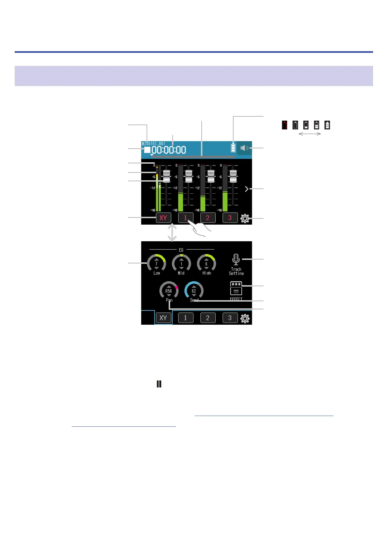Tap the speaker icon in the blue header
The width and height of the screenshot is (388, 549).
coord(244,148)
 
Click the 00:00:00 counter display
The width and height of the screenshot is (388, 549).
coord(169,150)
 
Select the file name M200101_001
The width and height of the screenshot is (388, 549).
coord(153,143)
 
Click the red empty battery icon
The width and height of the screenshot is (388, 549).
coord(285,125)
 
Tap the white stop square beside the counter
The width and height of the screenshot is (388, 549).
coord(147,150)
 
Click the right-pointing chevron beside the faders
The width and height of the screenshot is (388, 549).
coord(247,189)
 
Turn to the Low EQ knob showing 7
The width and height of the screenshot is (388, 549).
coord(156,263)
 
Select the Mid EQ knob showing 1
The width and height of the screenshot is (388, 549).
coord(181,263)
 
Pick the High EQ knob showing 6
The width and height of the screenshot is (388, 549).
coord(206,263)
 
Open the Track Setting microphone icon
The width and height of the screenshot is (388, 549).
coord(236,259)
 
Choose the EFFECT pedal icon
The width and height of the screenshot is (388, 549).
coord(236,289)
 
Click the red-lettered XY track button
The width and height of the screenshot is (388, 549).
coord(163,218)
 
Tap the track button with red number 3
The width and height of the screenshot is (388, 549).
coord(230,218)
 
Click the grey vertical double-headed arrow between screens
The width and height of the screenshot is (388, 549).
coord(172,232)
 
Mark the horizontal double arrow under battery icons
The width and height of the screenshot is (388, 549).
coord(310,134)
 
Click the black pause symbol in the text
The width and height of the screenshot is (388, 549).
coord(159,384)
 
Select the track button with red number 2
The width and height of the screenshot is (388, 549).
coord(208,218)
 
